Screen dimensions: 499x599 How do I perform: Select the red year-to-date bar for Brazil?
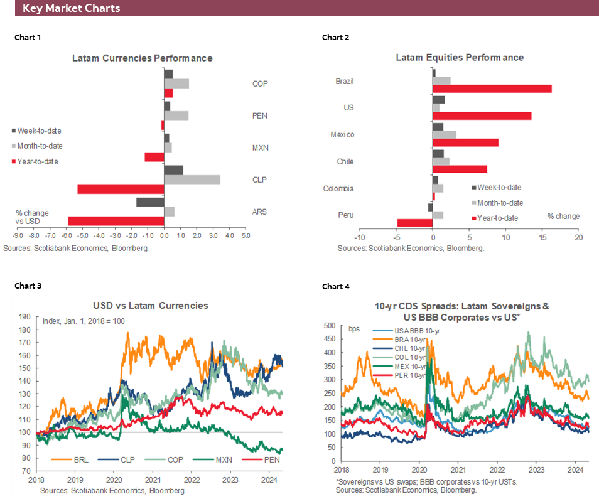click(492, 89)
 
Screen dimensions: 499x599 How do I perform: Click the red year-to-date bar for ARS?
click(116, 220)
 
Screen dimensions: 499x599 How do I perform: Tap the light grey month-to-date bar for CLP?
click(192, 180)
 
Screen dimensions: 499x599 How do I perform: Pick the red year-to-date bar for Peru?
click(415, 223)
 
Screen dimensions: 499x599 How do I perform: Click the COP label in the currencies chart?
click(260, 83)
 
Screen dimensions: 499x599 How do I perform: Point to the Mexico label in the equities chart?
click(342, 134)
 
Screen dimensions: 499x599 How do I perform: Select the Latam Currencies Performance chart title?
click(142, 58)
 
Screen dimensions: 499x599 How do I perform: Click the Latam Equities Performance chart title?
click(460, 57)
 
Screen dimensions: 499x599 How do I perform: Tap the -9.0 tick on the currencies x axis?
click(18, 237)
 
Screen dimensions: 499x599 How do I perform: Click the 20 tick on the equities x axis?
click(578, 238)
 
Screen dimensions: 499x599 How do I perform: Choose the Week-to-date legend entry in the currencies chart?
click(39, 131)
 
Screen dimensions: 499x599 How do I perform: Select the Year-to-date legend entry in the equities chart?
click(499, 218)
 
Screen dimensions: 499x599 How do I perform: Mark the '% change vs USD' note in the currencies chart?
click(32, 217)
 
